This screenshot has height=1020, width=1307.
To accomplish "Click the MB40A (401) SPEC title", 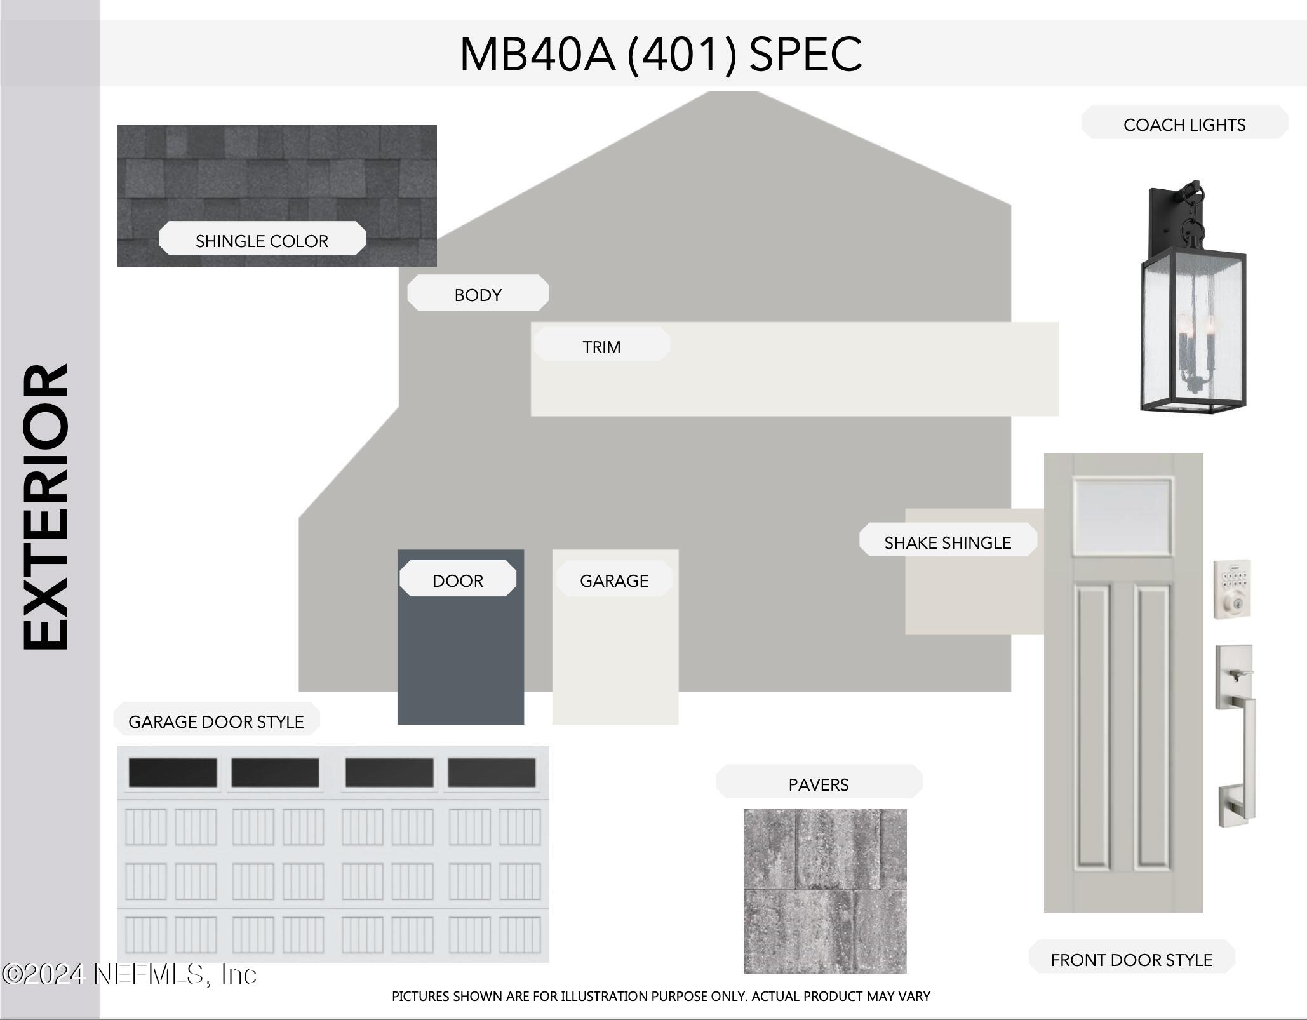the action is coord(660,54).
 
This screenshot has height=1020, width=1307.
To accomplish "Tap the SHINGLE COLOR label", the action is coord(262,241).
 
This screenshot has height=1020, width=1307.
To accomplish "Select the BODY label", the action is coord(478,295).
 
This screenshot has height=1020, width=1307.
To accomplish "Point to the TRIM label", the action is coord(601,347).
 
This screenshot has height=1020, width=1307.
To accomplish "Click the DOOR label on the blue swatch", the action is coord(458,580).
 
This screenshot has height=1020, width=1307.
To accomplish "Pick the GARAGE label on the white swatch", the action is coord(614,580).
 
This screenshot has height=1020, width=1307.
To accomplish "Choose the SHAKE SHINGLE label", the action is coord(948,542).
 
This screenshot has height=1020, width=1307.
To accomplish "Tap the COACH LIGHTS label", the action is coord(1184,124).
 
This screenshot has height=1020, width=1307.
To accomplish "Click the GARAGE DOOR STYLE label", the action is coord(216,721).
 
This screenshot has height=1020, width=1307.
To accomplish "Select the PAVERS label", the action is coord(818,784).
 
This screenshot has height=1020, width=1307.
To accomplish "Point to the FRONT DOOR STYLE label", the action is coord(1131,960).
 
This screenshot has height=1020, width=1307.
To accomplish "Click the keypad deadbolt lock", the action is coord(1232,589).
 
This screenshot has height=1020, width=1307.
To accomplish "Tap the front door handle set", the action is coord(1235,735).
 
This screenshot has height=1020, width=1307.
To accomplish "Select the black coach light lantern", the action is coord(1193,297).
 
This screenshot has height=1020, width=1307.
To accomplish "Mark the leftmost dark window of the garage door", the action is coord(173,772).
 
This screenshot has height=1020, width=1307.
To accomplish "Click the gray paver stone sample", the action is coord(825,890).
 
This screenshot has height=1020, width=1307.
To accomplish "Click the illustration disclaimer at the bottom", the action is coord(660,996).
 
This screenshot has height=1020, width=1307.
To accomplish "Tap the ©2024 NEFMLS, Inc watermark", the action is coord(130,974).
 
